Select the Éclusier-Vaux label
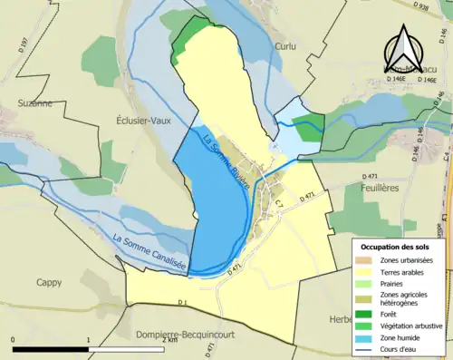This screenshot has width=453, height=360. (143, 120)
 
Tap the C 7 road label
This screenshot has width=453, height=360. (280, 206)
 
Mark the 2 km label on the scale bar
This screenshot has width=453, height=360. (171, 350)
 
